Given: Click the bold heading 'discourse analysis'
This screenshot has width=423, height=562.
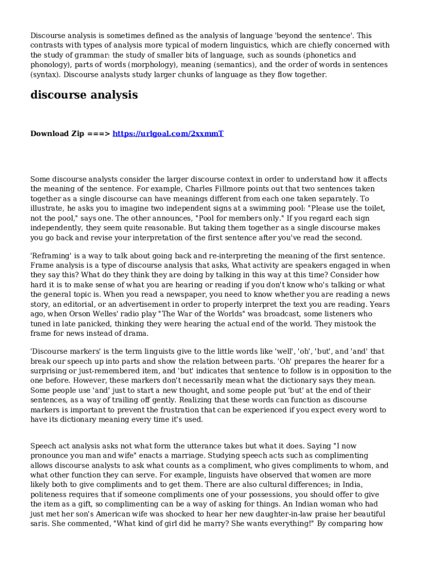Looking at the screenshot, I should click(84, 95).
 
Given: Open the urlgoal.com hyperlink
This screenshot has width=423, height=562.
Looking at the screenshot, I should click(168, 133).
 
